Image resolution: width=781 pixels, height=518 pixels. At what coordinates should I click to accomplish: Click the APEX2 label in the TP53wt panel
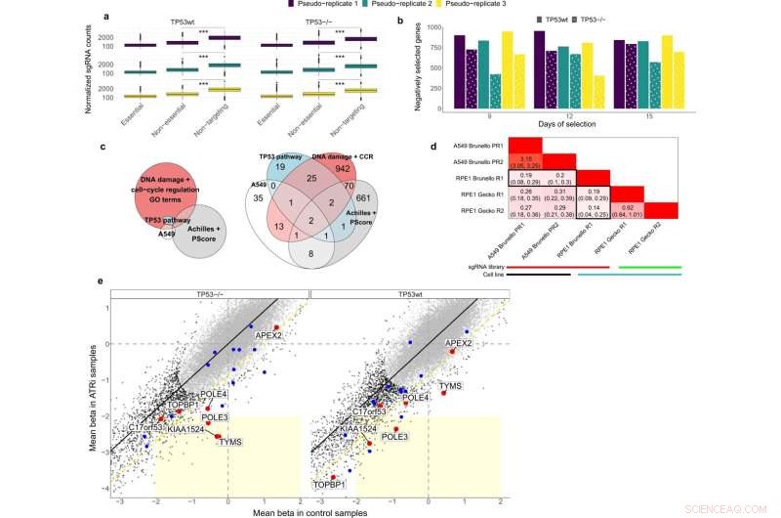pos(459,344)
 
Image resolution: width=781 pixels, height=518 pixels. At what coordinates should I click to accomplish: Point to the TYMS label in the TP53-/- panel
pos(230,441)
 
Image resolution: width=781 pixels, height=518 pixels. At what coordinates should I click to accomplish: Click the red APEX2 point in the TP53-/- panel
pos(276,327)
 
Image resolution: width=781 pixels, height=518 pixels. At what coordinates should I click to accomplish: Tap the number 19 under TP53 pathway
pos(252,168)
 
